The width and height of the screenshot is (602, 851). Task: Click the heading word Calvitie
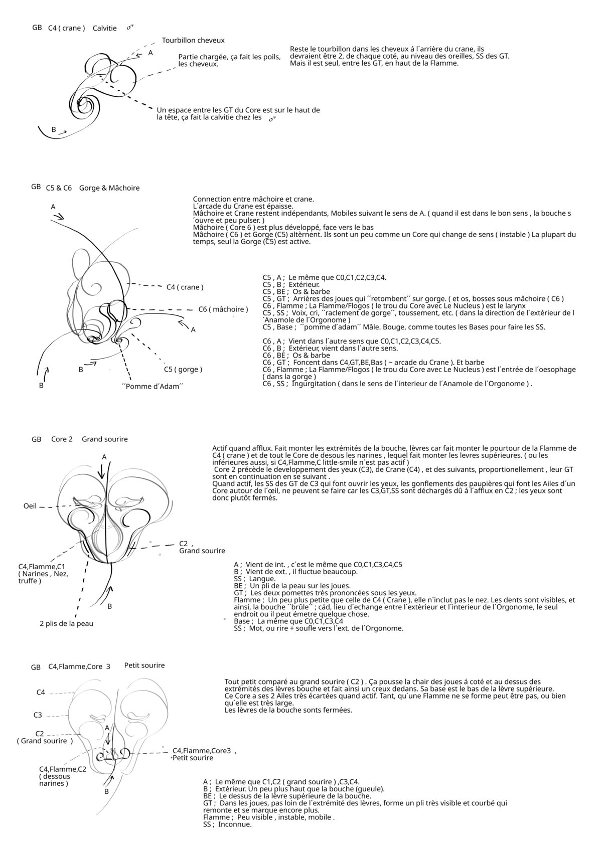point(104,28)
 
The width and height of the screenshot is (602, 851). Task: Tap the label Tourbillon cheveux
point(193,40)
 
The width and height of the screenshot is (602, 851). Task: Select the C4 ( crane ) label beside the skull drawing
point(185,287)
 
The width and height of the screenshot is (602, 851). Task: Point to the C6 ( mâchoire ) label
point(223,309)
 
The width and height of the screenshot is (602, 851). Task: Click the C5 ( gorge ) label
point(183,370)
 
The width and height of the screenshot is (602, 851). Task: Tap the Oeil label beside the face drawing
point(30,506)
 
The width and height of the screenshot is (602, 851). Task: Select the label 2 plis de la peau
point(66,624)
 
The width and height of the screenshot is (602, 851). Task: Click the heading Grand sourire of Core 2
point(105,439)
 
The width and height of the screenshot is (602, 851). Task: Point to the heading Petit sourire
point(144,665)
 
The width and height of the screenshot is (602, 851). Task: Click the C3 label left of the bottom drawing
point(38,715)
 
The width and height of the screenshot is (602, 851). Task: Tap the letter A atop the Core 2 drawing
point(104,457)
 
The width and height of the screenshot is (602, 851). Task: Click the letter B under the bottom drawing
point(106,791)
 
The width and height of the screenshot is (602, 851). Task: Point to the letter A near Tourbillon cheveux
point(150,53)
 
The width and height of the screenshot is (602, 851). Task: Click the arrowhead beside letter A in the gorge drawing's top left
point(59,217)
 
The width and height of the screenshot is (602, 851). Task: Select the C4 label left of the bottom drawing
point(41,693)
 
